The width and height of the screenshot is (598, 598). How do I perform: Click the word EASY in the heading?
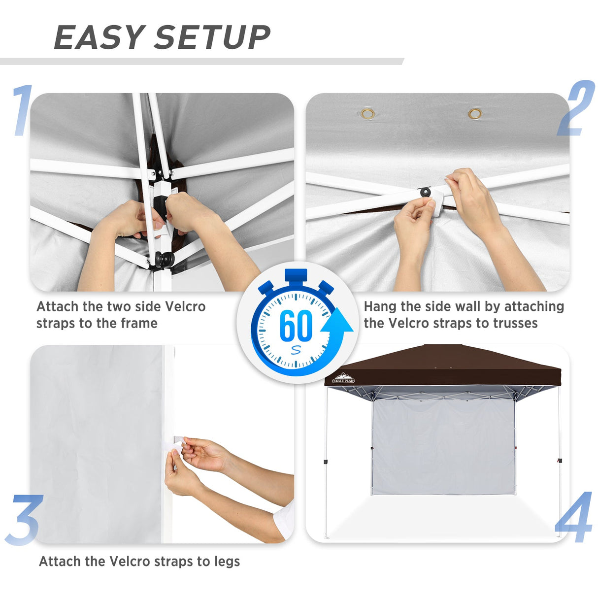pyautogui.click(x=99, y=38)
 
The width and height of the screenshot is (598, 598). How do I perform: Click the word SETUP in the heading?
pyautogui.click(x=212, y=38)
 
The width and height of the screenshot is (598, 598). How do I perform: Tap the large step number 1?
pyautogui.click(x=22, y=110)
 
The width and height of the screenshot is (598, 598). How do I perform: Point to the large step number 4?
pyautogui.click(x=573, y=517)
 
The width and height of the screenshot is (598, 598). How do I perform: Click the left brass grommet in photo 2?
pyautogui.click(x=367, y=114)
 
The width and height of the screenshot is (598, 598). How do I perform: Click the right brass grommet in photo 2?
pyautogui.click(x=475, y=114)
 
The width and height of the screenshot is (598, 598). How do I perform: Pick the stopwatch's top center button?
pyautogui.click(x=296, y=275)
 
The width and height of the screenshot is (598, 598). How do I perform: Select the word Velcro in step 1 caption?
pyautogui.click(x=185, y=306)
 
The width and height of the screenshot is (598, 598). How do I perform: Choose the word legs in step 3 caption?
pyautogui.click(x=227, y=562)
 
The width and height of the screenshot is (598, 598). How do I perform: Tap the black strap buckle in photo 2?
pyautogui.click(x=425, y=192)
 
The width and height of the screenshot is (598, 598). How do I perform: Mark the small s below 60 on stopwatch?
pyautogui.click(x=296, y=350)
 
